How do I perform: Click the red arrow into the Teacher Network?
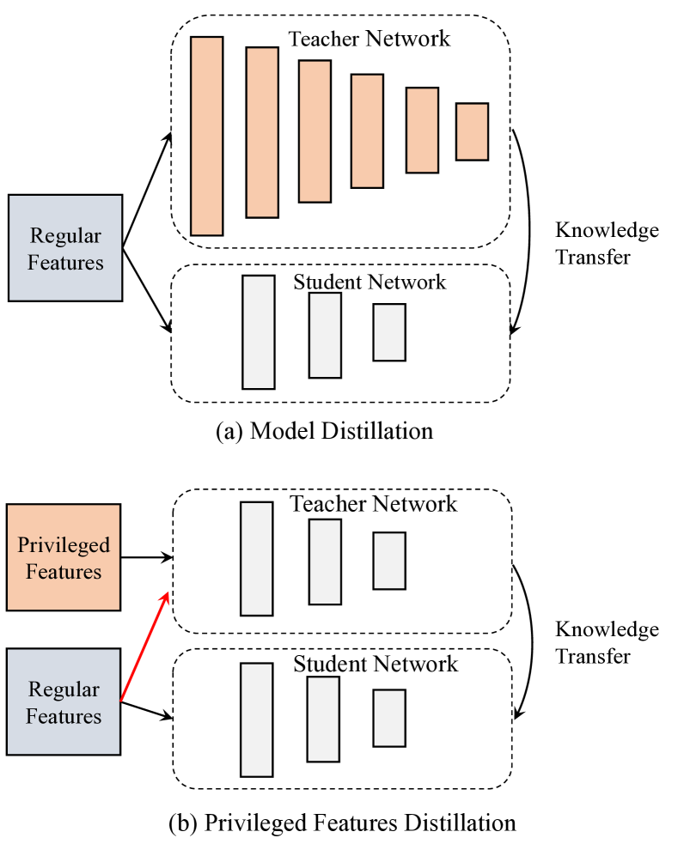(x=146, y=644)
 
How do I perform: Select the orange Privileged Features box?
(x=64, y=557)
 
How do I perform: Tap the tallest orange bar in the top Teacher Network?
(x=207, y=136)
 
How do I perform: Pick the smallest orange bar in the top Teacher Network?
(x=472, y=131)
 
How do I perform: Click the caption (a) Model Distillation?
(x=324, y=430)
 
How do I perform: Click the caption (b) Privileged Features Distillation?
(x=343, y=823)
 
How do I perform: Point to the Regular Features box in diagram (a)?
(x=65, y=248)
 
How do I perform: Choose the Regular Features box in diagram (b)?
(x=64, y=702)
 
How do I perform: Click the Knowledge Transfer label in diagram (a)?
(x=607, y=244)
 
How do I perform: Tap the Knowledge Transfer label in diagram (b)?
(x=607, y=643)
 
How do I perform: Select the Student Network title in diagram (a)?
(x=370, y=282)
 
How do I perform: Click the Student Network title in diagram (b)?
(x=376, y=665)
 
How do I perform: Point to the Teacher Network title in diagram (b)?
(x=373, y=504)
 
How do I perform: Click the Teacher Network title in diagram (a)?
(x=369, y=39)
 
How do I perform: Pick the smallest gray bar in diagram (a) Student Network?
(x=388, y=332)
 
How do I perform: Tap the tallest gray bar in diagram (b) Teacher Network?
(x=256, y=559)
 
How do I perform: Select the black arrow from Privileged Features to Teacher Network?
(x=148, y=557)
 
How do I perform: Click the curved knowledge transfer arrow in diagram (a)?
(x=526, y=232)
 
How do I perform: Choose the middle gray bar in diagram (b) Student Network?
(x=323, y=719)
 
